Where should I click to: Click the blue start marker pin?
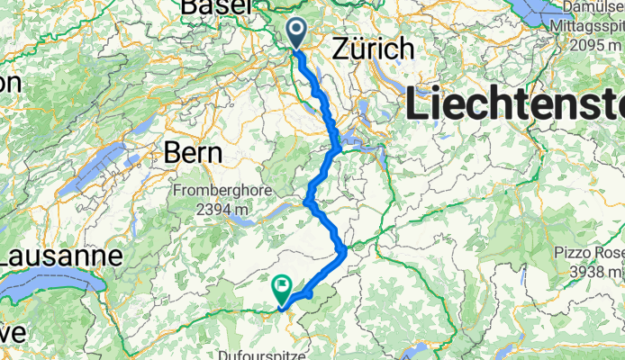pos(296,33)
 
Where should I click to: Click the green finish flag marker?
pos(282,289)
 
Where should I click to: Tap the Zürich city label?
pos(373,49)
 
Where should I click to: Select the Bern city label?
pos(193,153)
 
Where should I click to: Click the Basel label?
pos(216,6)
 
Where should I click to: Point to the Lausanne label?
pos(60,256)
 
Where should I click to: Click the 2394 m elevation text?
pos(213,210)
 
